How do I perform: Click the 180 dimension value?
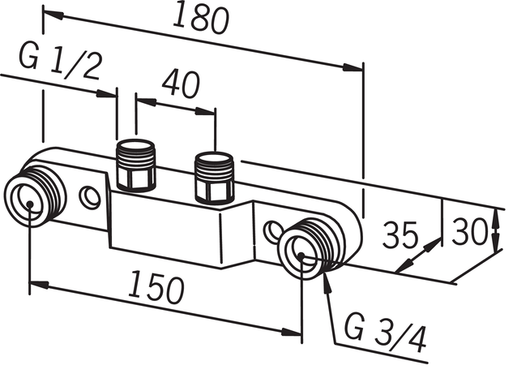tap(201, 19)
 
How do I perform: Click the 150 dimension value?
tap(156, 287)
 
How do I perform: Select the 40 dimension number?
tap(181, 84)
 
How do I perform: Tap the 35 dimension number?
tap(400, 235)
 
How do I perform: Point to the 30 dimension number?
tap(470, 232)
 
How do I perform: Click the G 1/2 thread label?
tap(59, 62)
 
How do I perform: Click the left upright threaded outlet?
tap(136, 165)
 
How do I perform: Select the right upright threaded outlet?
tap(214, 178)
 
